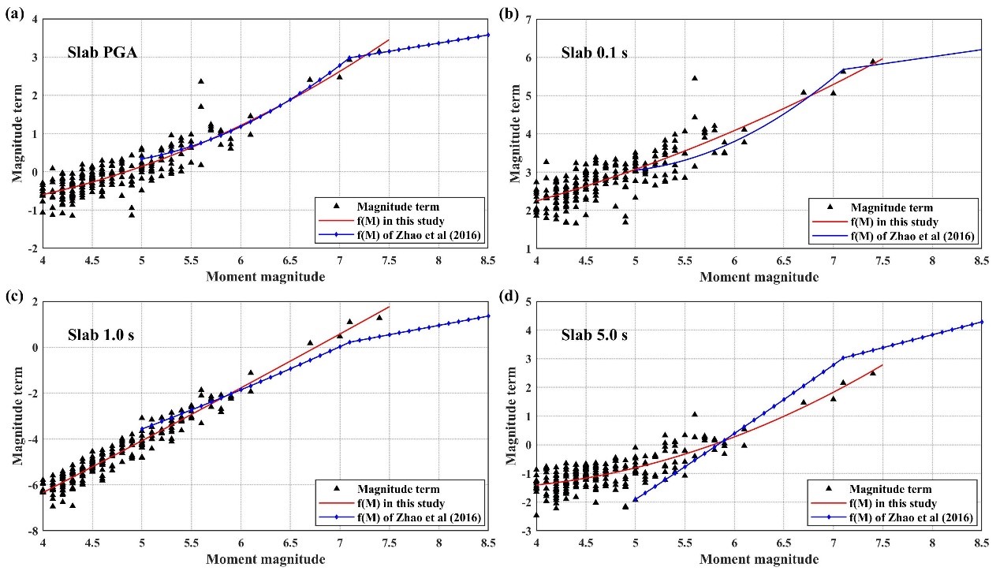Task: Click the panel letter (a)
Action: click(13, 13)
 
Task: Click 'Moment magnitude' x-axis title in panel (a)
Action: click(265, 276)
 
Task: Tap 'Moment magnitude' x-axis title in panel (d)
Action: click(759, 559)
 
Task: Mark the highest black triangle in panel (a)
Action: click(201, 81)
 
